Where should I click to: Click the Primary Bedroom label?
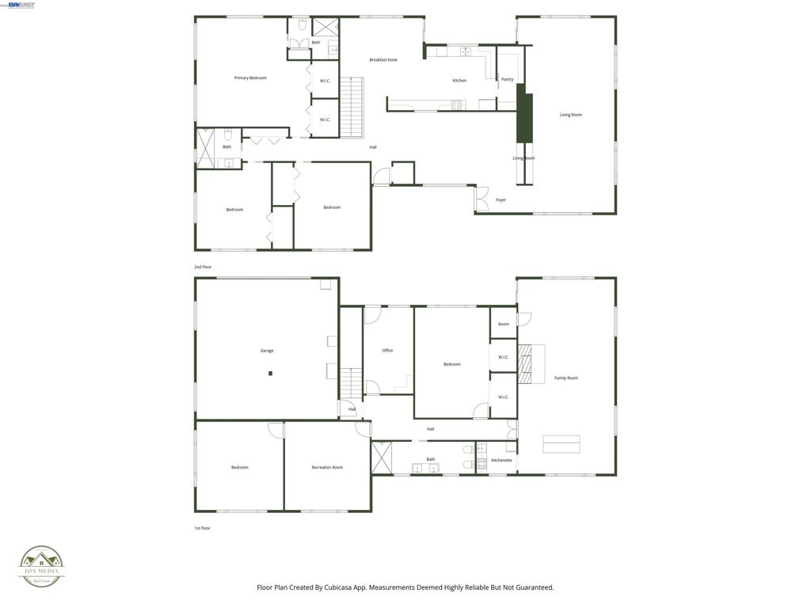coord(250,78)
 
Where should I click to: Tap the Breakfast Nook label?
coord(383,60)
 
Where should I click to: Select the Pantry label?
coord(508,80)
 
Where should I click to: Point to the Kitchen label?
coord(459,81)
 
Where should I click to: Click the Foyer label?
coord(501,200)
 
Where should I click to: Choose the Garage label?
coord(267,351)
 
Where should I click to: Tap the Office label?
coord(387,351)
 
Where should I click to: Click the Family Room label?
coord(566,378)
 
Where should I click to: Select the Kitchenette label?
coord(501,461)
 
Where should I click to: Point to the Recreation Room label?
coord(327,468)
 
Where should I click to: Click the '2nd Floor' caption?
coord(203,268)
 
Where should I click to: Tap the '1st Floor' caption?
coord(203,528)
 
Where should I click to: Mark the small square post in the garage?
coord(270,373)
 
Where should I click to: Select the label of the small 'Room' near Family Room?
coord(504,325)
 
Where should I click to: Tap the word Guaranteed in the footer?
coord(533,587)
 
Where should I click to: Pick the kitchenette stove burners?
coord(482,464)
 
